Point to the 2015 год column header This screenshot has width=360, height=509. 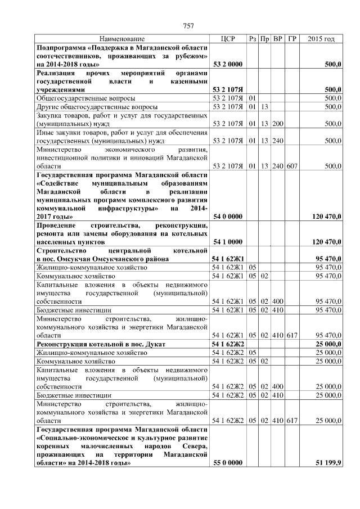click(321, 39)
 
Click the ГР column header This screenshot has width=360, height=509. click(292, 39)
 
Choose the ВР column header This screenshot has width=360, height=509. click(277, 39)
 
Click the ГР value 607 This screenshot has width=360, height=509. click(292, 166)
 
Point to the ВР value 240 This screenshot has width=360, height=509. click(277, 141)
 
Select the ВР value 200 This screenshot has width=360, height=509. click(277, 123)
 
